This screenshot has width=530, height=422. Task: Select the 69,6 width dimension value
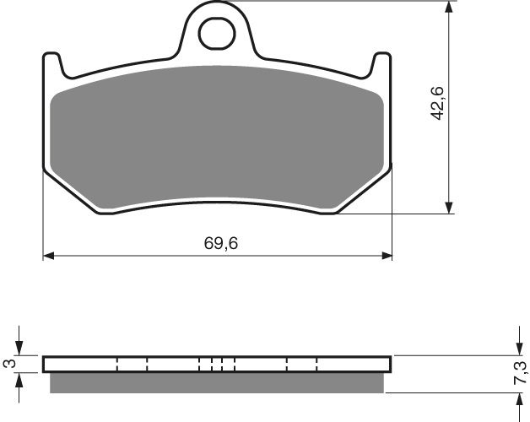click(218, 242)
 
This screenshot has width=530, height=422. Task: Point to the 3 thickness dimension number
click(9, 364)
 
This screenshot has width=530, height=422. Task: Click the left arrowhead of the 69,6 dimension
click(48, 254)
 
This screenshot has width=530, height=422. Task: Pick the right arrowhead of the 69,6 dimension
click(387, 254)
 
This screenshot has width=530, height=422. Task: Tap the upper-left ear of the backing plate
click(51, 62)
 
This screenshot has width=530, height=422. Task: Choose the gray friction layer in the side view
click(218, 382)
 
